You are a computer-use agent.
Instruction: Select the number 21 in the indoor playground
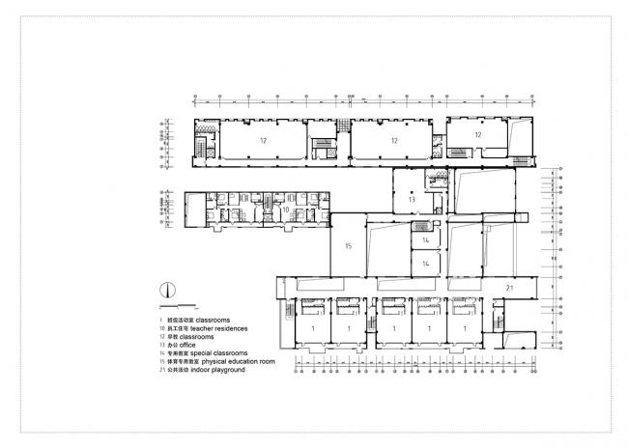[510, 289]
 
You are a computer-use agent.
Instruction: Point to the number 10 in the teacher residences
[285, 209]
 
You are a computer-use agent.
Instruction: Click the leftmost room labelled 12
[262, 141]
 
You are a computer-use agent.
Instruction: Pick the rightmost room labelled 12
[477, 135]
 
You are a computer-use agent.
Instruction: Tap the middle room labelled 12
[393, 141]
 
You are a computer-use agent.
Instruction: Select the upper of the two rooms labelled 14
[424, 238]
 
